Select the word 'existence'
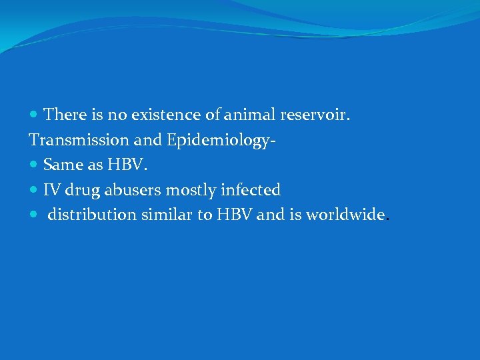click(x=159, y=115)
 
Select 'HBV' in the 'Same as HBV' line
click(x=123, y=165)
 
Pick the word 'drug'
click(x=80, y=191)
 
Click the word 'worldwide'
click(x=345, y=215)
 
